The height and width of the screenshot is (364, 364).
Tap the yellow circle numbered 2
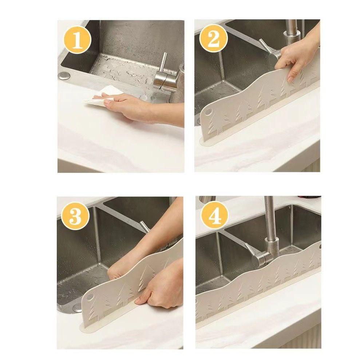tap(213, 39)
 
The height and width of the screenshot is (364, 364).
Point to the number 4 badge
tap(213, 216)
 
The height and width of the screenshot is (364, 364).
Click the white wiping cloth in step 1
tap(100, 95)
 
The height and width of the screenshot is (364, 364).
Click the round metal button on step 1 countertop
tap(64, 76)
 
